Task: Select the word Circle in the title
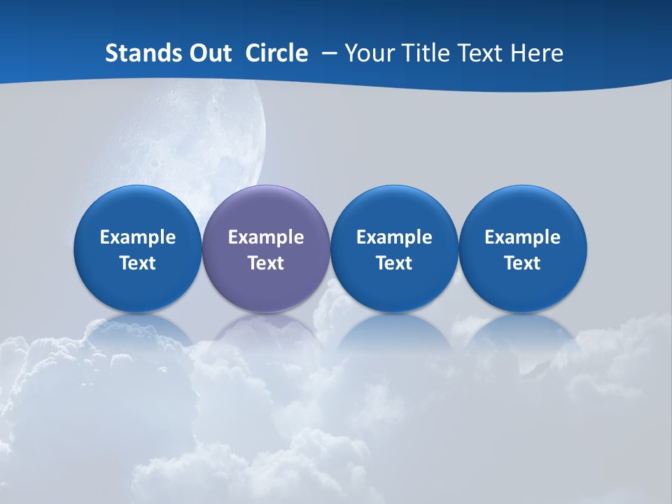[276, 53]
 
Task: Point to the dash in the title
[326, 54]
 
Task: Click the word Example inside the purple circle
[266, 237]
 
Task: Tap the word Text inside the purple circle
[266, 263]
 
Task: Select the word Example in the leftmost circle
[138, 237]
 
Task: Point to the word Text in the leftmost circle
[138, 263]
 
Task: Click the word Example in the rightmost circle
[523, 237]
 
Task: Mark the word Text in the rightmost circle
[523, 263]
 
